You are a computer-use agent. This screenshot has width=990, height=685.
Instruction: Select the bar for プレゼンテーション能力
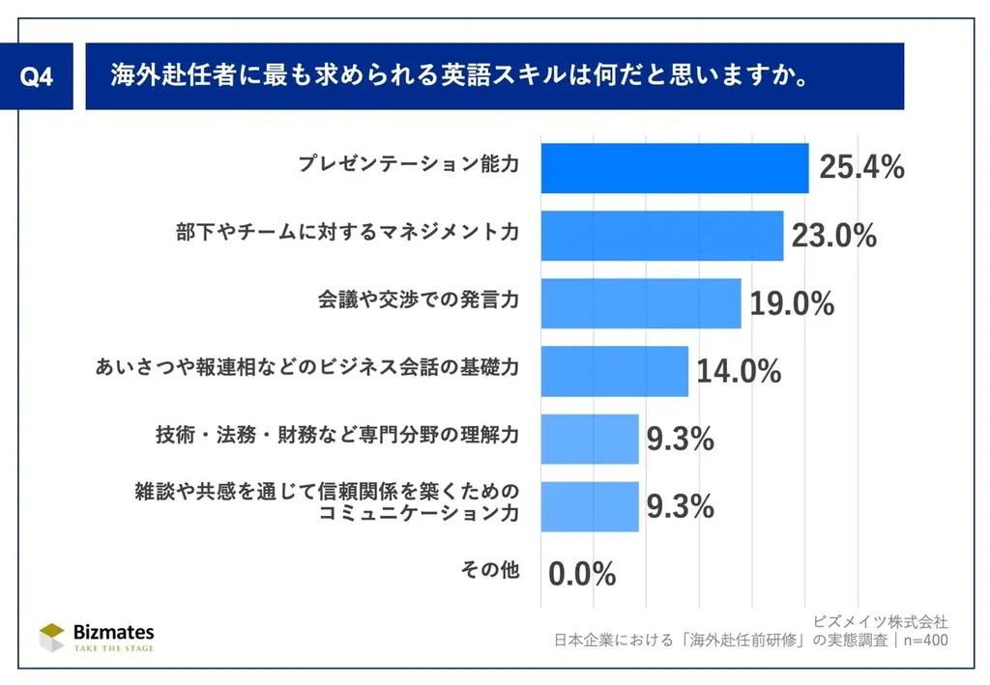coord(674,168)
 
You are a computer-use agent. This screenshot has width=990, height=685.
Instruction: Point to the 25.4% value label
coord(861,168)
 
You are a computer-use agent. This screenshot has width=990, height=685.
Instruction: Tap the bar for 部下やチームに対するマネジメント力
coord(661,236)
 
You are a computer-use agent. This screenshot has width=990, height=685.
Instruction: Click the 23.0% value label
coord(833,236)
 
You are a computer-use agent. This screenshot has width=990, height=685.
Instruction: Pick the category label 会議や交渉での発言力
coord(419,300)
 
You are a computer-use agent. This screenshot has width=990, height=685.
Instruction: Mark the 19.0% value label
coord(792,304)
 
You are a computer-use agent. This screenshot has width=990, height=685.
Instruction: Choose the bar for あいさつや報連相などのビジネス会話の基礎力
coord(614,371)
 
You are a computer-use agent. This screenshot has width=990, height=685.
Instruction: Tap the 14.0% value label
coord(739,372)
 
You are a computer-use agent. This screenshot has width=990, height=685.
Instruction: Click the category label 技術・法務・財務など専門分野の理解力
coord(337,435)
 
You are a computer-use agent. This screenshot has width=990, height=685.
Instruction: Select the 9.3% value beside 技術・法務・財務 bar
coord(680,440)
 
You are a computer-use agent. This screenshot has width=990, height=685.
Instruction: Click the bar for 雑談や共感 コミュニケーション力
coord(590,506)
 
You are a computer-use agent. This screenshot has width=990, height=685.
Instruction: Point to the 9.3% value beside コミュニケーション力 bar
coord(680,506)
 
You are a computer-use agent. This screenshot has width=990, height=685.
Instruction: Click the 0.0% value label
coord(582,574)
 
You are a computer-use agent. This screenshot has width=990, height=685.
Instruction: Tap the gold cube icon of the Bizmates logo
coord(51,637)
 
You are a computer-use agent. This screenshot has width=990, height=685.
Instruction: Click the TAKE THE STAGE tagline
coord(114,648)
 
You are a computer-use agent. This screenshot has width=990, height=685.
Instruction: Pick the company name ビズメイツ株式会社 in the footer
coord(880,621)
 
